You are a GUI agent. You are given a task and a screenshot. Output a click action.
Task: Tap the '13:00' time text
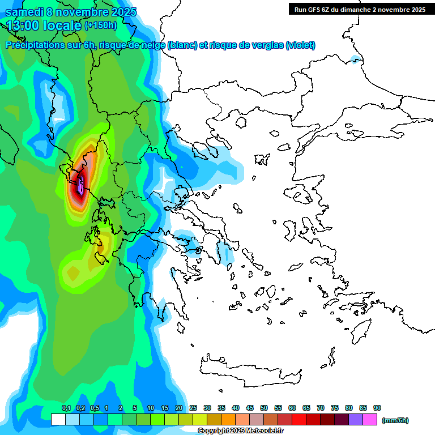point(24,25)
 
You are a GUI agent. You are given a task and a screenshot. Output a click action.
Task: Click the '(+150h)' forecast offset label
point(101,25)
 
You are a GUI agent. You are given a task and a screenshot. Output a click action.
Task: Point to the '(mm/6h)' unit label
point(395,420)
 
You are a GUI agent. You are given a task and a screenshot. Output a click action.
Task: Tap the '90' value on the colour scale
point(377,408)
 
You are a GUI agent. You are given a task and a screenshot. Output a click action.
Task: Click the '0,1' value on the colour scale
point(66,408)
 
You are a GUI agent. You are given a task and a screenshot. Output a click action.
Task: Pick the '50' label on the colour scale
point(264,408)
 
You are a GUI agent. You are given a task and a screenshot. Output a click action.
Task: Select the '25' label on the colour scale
point(193,408)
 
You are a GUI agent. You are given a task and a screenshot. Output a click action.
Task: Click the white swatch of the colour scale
point(58,420)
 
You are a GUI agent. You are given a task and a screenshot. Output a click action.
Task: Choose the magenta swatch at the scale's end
point(370,420)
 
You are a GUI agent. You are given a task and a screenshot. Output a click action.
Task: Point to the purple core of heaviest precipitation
point(81,185)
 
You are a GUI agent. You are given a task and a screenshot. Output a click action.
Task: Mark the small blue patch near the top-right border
point(356,59)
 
